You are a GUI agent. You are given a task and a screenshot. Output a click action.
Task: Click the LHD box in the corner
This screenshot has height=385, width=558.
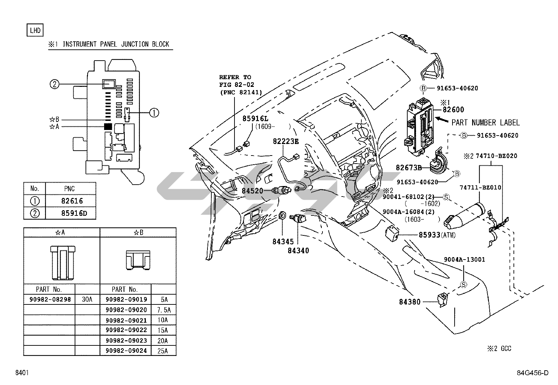[35, 30]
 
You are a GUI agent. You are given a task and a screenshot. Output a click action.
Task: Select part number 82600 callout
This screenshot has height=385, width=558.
[454, 110]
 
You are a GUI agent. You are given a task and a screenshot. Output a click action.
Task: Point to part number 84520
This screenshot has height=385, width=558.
[252, 191]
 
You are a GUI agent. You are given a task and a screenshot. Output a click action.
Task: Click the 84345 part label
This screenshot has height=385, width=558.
[283, 241]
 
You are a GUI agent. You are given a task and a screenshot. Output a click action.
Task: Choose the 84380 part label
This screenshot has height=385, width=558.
[410, 302]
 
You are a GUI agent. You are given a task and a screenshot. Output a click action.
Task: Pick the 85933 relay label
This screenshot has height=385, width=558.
[429, 235]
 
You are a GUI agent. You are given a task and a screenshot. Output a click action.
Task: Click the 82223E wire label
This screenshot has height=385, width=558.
[286, 142]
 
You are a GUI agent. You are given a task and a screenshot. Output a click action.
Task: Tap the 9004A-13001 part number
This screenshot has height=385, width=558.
[464, 260]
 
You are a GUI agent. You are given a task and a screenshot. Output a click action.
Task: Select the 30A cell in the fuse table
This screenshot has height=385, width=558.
[87, 299]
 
